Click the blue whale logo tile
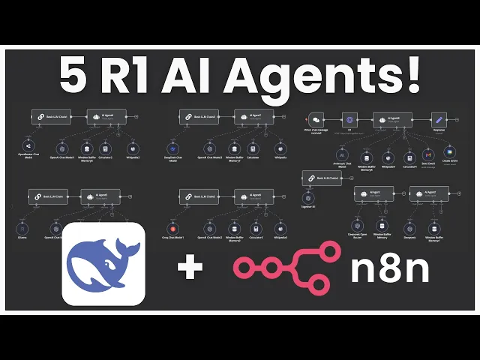tap(103, 264)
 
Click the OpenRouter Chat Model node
tap(27, 145)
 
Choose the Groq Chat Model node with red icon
tap(173, 228)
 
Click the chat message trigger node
tap(316, 119)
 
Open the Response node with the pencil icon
tap(439, 119)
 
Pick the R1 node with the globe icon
tap(348, 119)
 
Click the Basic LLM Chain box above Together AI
tap(322, 178)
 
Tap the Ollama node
tap(23, 228)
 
